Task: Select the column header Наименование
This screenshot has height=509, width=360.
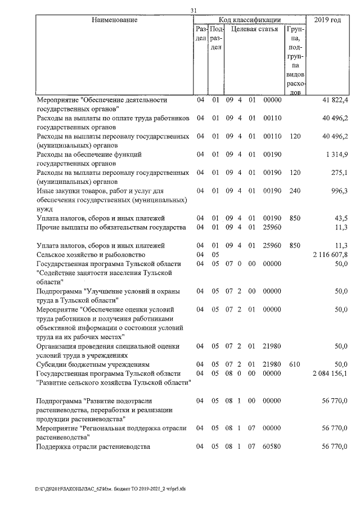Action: [x=114, y=20]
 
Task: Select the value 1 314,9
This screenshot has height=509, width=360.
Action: [x=337, y=154]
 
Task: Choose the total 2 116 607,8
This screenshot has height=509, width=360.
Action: [x=330, y=255]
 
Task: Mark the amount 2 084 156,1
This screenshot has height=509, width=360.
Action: [x=330, y=373]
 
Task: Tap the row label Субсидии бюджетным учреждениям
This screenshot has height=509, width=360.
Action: [x=93, y=364]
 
